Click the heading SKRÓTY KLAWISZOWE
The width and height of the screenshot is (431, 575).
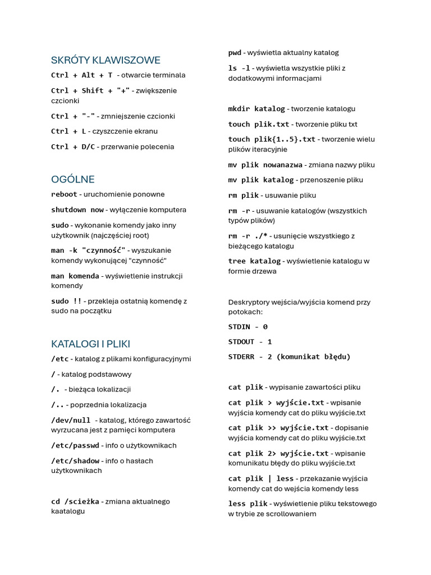(x=106, y=60)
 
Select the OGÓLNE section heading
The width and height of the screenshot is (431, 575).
(x=73, y=179)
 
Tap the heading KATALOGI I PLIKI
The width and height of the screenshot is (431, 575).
(x=90, y=344)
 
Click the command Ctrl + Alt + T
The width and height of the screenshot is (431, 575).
(x=82, y=75)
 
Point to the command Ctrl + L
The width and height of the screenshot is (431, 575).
(x=68, y=131)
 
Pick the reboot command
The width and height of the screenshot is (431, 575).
(x=64, y=194)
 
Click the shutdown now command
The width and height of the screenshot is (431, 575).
(x=77, y=210)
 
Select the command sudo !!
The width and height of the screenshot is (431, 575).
(x=66, y=301)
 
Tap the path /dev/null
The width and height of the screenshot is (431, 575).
(x=71, y=420)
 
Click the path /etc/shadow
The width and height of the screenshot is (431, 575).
(x=75, y=461)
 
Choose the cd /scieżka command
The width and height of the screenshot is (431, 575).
(x=75, y=501)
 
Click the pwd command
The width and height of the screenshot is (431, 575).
(x=235, y=53)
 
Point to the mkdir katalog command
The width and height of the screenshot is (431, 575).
(x=256, y=109)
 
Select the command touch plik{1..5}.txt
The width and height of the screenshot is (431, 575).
(x=272, y=139)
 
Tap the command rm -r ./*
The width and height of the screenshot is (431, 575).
(x=248, y=236)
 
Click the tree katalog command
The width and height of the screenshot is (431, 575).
(x=254, y=261)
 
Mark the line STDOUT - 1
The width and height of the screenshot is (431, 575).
(x=250, y=341)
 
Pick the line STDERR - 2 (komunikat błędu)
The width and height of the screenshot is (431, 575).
(x=289, y=357)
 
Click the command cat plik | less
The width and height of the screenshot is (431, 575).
(x=261, y=478)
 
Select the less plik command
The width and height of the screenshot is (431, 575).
(x=247, y=504)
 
